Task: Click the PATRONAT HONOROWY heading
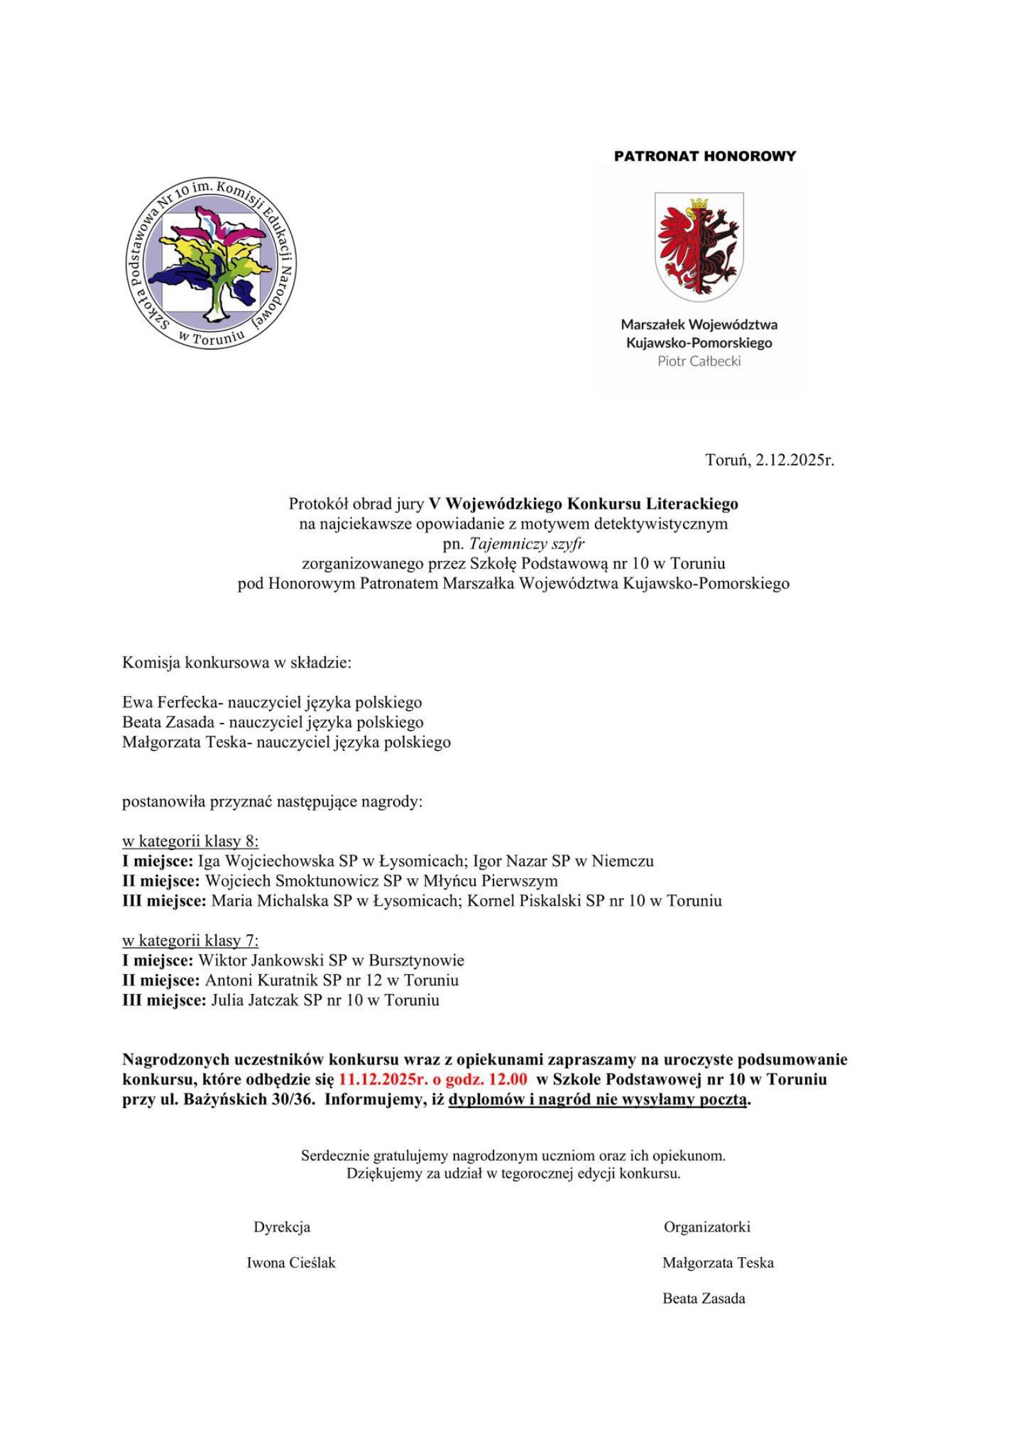tap(705, 156)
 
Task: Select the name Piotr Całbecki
tap(699, 361)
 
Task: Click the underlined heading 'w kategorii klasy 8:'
tap(190, 841)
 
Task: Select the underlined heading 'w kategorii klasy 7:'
tap(190, 941)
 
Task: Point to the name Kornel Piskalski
tap(524, 900)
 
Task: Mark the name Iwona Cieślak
tap(291, 1263)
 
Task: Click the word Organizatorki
tap(707, 1227)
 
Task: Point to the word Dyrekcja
tap(281, 1227)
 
